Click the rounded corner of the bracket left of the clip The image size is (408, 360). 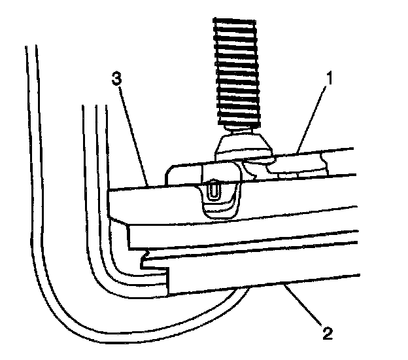pyautogui.click(x=172, y=170)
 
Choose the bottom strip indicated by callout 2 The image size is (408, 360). pyautogui.click(x=275, y=278)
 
